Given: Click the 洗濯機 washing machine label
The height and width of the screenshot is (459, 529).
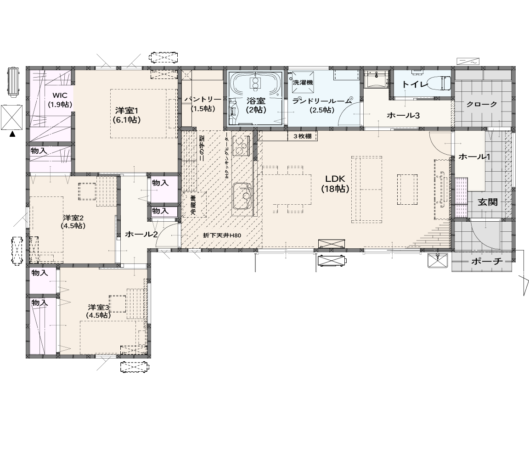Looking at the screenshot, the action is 303,82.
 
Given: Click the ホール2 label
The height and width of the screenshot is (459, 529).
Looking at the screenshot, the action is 141,234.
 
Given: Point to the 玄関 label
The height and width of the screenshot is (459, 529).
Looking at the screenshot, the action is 488,202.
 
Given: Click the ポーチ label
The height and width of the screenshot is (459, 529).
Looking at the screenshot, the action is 487,261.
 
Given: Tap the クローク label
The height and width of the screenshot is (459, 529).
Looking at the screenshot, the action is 482,104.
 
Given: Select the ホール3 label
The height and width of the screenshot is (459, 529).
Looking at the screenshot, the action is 403,115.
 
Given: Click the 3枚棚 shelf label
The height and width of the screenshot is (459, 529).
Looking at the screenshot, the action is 302,136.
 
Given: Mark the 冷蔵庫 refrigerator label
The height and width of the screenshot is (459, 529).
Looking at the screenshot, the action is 193,206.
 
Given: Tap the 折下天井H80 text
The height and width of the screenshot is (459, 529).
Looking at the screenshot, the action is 222,235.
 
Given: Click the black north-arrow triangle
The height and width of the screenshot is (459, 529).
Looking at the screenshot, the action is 12,134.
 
